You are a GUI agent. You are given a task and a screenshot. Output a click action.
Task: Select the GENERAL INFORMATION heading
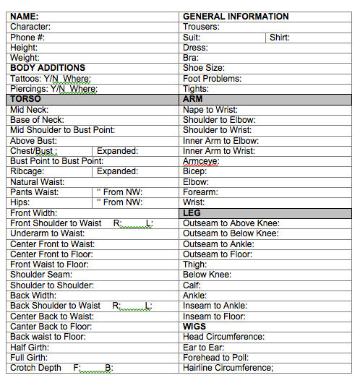236,16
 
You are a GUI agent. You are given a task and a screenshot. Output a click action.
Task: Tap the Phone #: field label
27,37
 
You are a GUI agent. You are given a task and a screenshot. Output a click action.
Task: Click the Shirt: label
280,37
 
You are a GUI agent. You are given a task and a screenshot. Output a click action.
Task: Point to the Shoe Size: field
204,68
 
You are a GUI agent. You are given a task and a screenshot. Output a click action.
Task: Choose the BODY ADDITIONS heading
48,68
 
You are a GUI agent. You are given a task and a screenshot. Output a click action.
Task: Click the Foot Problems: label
212,78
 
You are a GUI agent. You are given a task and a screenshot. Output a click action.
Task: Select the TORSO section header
26,98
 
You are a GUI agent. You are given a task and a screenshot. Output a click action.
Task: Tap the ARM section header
193,98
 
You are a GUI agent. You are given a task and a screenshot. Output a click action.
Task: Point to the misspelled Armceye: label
201,161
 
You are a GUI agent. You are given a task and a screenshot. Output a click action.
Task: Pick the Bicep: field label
195,171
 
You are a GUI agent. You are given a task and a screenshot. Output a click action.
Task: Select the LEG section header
192,213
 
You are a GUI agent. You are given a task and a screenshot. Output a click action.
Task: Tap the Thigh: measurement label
195,264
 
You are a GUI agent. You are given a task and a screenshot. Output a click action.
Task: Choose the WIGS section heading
194,327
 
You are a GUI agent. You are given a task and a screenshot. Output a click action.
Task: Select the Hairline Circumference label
228,368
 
